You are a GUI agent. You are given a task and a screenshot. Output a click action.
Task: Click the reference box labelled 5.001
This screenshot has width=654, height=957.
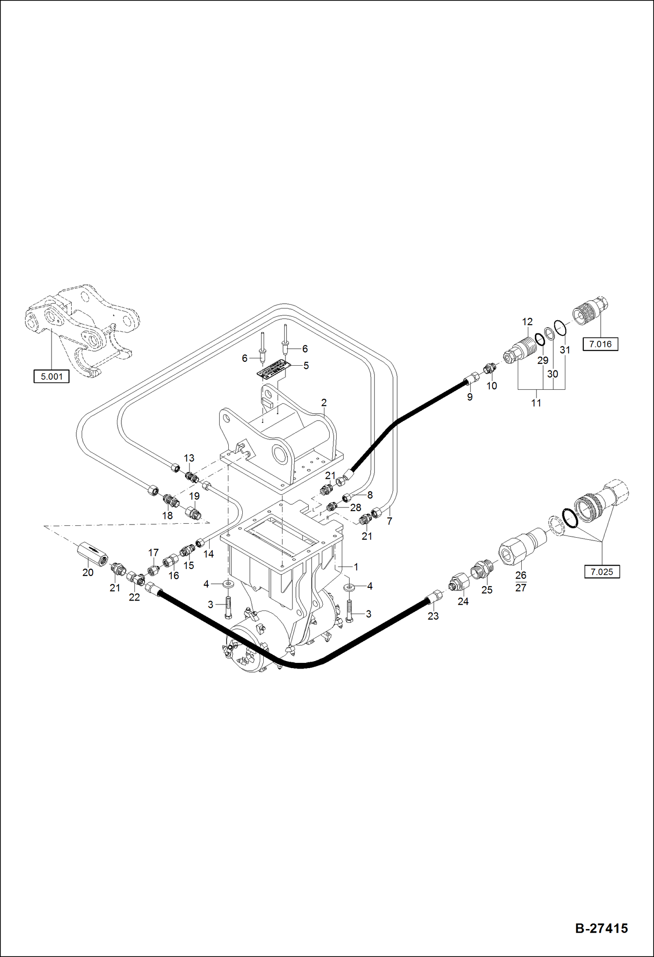point(52,376)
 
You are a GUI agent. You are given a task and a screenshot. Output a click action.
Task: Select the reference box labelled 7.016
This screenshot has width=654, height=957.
point(600,344)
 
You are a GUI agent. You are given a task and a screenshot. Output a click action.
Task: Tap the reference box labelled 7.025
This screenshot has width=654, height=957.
point(602,572)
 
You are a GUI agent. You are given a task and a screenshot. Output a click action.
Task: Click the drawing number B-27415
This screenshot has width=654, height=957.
point(601,928)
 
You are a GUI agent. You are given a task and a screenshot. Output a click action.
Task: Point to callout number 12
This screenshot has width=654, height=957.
point(527,322)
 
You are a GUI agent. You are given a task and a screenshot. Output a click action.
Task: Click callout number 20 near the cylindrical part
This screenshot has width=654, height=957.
point(88,573)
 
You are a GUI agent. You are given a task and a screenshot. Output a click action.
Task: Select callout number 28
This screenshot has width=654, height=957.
point(355,508)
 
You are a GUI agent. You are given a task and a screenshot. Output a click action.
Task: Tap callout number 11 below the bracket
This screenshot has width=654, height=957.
point(536,403)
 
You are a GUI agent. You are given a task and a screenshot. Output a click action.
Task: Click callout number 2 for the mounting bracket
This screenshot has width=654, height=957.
point(324,402)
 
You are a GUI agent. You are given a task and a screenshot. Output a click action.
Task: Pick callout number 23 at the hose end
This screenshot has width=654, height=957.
point(433,616)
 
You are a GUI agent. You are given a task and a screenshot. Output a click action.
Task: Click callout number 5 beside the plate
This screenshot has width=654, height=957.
point(306,365)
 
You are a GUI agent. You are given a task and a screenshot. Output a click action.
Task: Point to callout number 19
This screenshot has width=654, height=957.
point(194,496)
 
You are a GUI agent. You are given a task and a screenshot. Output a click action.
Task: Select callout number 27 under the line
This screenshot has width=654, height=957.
point(521,588)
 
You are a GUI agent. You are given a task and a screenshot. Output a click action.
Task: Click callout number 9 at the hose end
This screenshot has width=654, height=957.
point(470,397)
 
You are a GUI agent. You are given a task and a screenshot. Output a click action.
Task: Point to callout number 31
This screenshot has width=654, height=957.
point(565,350)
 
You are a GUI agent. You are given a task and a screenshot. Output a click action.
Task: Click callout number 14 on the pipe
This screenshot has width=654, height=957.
point(209,554)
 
